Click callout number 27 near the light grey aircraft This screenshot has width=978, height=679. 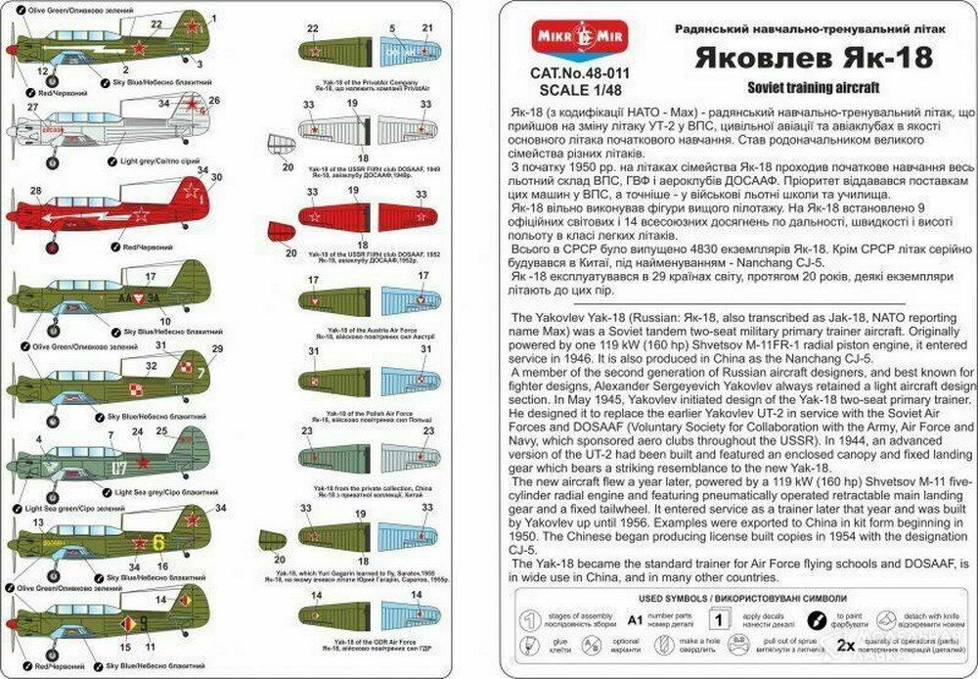pos(33,107)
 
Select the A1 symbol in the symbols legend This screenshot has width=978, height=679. pos(635,619)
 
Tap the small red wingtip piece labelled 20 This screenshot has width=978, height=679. pos(280,231)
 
